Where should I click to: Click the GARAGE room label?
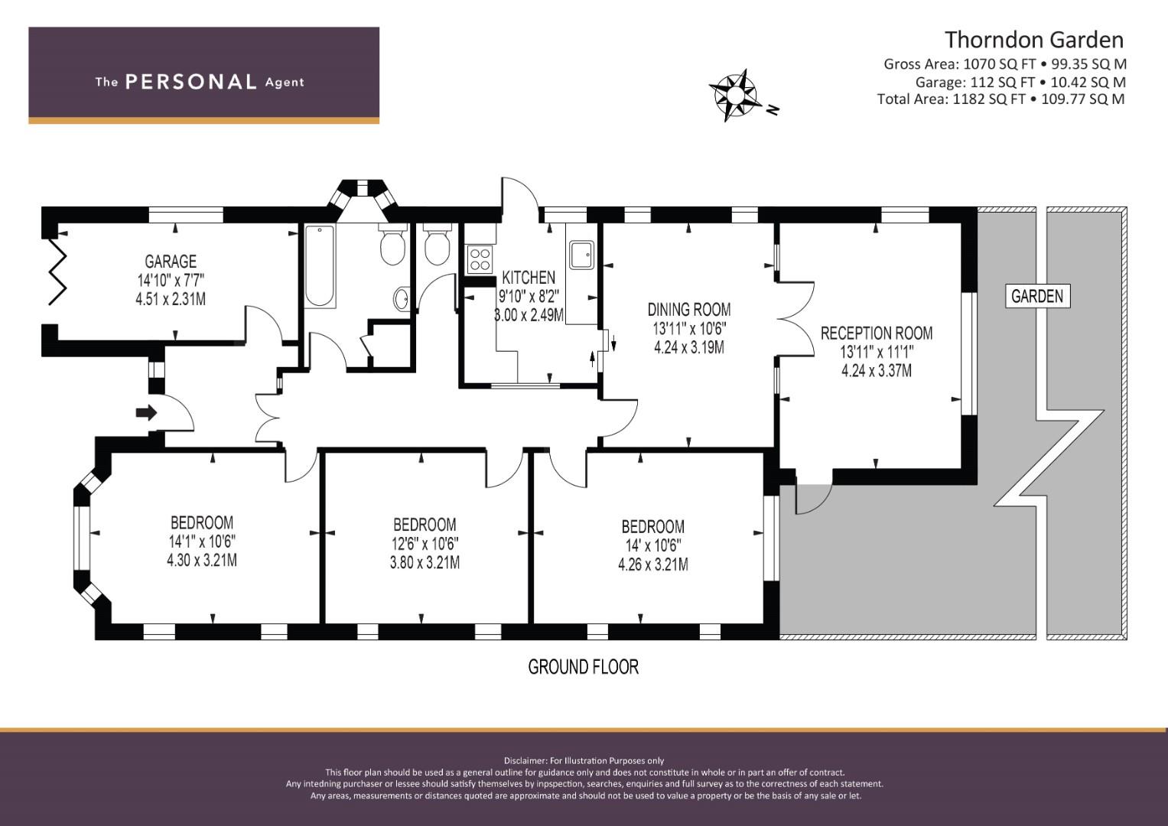click(x=171, y=262)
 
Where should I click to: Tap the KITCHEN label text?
click(x=529, y=278)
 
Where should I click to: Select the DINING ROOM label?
click(x=689, y=310)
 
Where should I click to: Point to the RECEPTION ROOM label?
click(x=877, y=333)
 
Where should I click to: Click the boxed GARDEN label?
click(x=1038, y=296)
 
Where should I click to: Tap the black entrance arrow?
click(x=147, y=413)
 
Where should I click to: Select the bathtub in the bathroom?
click(x=320, y=266)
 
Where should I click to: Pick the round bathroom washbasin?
click(x=401, y=299)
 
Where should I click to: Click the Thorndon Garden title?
click(x=1034, y=40)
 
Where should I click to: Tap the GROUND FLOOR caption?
click(x=583, y=667)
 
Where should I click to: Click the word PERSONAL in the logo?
click(x=191, y=82)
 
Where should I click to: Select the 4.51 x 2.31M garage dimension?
click(x=171, y=299)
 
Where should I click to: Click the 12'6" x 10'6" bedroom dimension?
click(x=425, y=544)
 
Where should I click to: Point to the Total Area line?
click(x=1000, y=99)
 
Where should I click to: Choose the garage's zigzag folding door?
click(x=57, y=270)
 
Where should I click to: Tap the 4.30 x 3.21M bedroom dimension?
click(x=202, y=561)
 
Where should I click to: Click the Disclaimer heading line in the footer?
click(x=584, y=761)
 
